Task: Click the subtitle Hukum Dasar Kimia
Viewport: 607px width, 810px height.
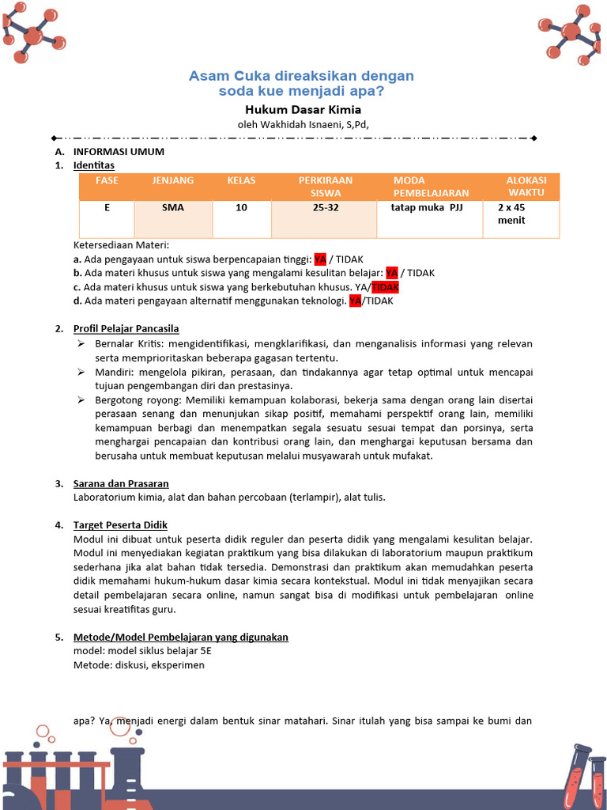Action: pos(303,110)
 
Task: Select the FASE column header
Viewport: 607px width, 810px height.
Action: pos(107,180)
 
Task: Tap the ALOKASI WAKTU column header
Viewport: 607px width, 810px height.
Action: pos(526,186)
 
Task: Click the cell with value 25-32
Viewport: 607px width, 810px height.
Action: pos(325,207)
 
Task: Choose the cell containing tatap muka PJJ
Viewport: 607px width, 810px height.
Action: pos(427,207)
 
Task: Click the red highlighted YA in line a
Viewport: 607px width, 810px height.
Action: pos(320,259)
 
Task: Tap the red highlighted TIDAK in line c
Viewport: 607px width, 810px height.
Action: pos(386,286)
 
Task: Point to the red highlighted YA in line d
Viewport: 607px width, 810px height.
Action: pos(355,301)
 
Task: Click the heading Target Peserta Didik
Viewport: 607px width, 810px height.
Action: pos(120,525)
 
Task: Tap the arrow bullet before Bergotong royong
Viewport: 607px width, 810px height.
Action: pos(81,400)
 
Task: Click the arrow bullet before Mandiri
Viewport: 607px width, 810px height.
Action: pos(81,372)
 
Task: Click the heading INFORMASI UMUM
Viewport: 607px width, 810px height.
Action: pos(119,151)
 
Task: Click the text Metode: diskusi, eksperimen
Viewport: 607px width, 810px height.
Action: pos(138,664)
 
